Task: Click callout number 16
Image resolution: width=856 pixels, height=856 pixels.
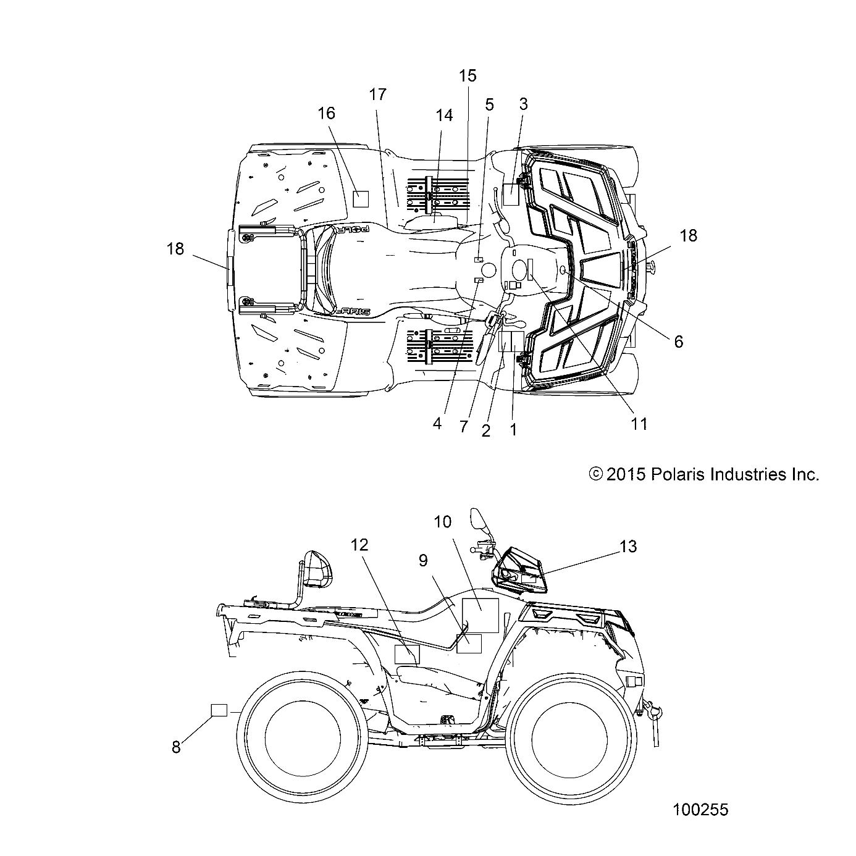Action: [326, 113]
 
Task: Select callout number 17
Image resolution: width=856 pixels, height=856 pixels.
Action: [377, 94]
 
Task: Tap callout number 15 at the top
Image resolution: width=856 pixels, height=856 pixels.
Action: [468, 76]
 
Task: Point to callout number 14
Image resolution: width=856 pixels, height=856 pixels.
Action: [443, 115]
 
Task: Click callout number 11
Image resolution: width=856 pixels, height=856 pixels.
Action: [639, 424]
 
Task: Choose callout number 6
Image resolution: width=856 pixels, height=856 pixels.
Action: [678, 342]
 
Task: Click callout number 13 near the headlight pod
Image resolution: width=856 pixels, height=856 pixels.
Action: [627, 547]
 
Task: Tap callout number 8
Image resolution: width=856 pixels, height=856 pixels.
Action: [176, 747]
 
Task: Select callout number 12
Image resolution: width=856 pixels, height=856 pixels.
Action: [359, 545]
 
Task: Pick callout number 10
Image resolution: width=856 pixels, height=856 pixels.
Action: [442, 522]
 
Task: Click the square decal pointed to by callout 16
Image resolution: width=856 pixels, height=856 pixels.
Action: [360, 198]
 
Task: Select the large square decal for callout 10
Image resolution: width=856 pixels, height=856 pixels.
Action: [480, 615]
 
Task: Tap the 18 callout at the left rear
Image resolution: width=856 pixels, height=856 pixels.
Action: [175, 249]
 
